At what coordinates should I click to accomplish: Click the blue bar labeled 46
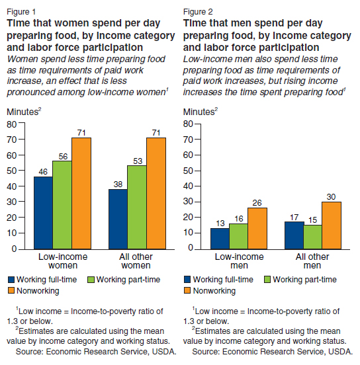point(43,213)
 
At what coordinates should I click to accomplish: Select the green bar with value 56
point(62,205)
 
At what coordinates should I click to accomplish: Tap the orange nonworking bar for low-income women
point(81,194)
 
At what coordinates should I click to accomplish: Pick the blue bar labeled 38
point(118,219)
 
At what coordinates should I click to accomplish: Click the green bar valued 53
point(137,207)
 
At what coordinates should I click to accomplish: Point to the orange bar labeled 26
point(257,228)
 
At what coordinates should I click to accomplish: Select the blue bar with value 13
point(220,239)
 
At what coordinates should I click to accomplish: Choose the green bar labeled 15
point(313,237)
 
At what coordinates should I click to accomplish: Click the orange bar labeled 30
point(332,225)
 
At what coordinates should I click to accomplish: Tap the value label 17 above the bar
point(294,218)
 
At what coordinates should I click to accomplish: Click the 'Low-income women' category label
point(63,261)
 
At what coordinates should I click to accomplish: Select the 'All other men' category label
point(312,261)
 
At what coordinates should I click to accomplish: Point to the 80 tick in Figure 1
point(12,124)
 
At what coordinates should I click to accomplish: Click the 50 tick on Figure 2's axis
point(188,171)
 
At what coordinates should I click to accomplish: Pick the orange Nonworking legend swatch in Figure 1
point(11,290)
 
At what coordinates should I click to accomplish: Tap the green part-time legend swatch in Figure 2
point(267,279)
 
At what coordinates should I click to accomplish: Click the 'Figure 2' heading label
point(198,12)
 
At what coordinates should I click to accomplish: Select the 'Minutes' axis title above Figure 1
point(22,112)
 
